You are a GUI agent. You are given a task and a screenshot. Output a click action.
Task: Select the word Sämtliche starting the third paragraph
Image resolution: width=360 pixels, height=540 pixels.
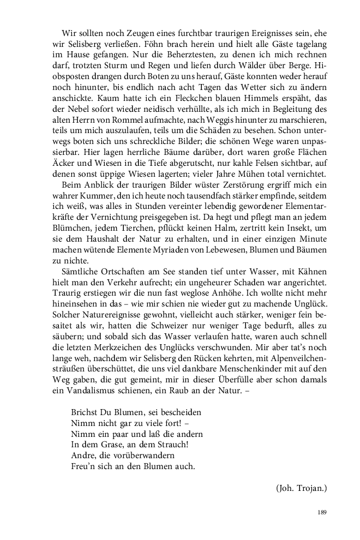coord(80,272)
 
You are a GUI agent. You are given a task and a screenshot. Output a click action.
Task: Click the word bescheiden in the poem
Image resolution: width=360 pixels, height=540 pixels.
coord(178,412)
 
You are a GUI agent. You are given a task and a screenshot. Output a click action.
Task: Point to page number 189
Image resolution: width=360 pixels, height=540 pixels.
coord(321,512)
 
